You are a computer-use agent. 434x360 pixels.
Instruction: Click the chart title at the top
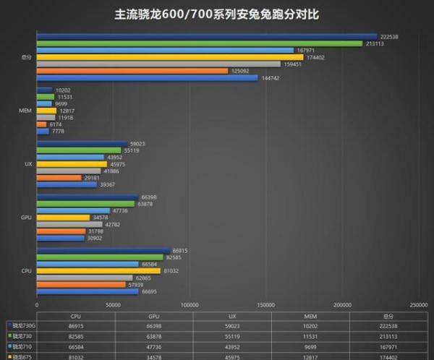pyautogui.click(x=217, y=14)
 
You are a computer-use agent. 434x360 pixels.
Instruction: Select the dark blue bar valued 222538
pyautogui.click(x=206, y=36)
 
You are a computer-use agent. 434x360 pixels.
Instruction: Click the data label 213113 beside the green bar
pyautogui.click(x=375, y=43)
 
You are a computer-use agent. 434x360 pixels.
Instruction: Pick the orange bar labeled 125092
pyautogui.click(x=132, y=71)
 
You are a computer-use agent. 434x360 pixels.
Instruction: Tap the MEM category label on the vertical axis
pyautogui.click(x=25, y=111)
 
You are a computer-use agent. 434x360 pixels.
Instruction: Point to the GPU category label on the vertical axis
pyautogui.click(x=27, y=216)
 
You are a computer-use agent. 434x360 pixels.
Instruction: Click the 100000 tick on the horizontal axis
pyautogui.click(x=190, y=306)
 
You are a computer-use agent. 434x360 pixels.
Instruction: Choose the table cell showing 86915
pyautogui.click(x=75, y=326)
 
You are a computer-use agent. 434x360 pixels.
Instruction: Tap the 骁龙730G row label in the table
pyautogui.click(x=20, y=326)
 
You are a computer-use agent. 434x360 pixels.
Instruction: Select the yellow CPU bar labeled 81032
pyautogui.click(x=98, y=270)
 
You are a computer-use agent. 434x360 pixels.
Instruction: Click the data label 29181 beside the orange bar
pyautogui.click(x=92, y=177)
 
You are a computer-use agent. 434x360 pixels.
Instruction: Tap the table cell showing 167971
pyautogui.click(x=389, y=346)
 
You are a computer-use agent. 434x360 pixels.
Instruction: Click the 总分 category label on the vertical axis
pyautogui.click(x=25, y=57)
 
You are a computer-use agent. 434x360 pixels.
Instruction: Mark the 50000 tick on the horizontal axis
pyautogui.click(x=113, y=306)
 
